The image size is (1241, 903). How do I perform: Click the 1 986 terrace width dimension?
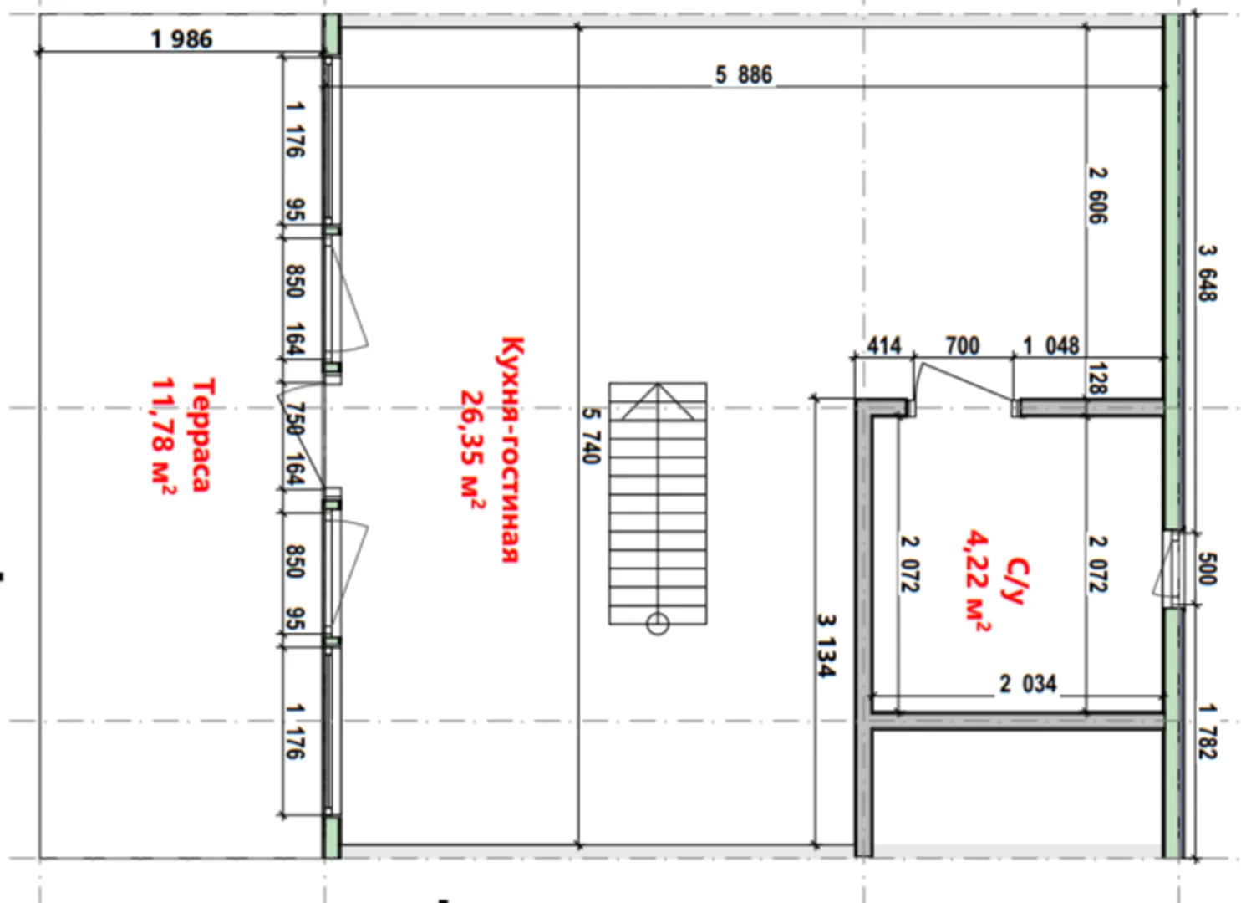[x=181, y=40]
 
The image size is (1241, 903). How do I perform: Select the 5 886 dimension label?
[x=744, y=75]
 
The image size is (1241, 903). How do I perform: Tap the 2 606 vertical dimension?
[x=1097, y=196]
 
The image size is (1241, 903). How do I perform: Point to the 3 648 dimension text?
[x=1208, y=273]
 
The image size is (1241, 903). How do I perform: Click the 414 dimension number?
[x=884, y=346]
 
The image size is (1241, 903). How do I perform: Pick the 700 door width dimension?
[x=963, y=346]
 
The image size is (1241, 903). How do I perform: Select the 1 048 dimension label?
[x=1051, y=346]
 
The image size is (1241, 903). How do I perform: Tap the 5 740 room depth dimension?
[x=591, y=436]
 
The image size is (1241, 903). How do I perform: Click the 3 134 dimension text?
[x=826, y=645]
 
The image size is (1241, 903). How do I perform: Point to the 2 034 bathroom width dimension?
[x=1028, y=684]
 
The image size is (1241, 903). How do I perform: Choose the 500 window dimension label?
[x=1208, y=569]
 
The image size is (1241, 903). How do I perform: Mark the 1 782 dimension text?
[x=1208, y=732]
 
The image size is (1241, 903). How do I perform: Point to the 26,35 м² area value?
[x=472, y=450]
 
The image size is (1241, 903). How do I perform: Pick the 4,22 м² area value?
[x=978, y=581]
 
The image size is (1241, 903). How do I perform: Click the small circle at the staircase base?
[x=658, y=625]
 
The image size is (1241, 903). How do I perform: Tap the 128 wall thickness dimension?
[x=1097, y=378]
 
